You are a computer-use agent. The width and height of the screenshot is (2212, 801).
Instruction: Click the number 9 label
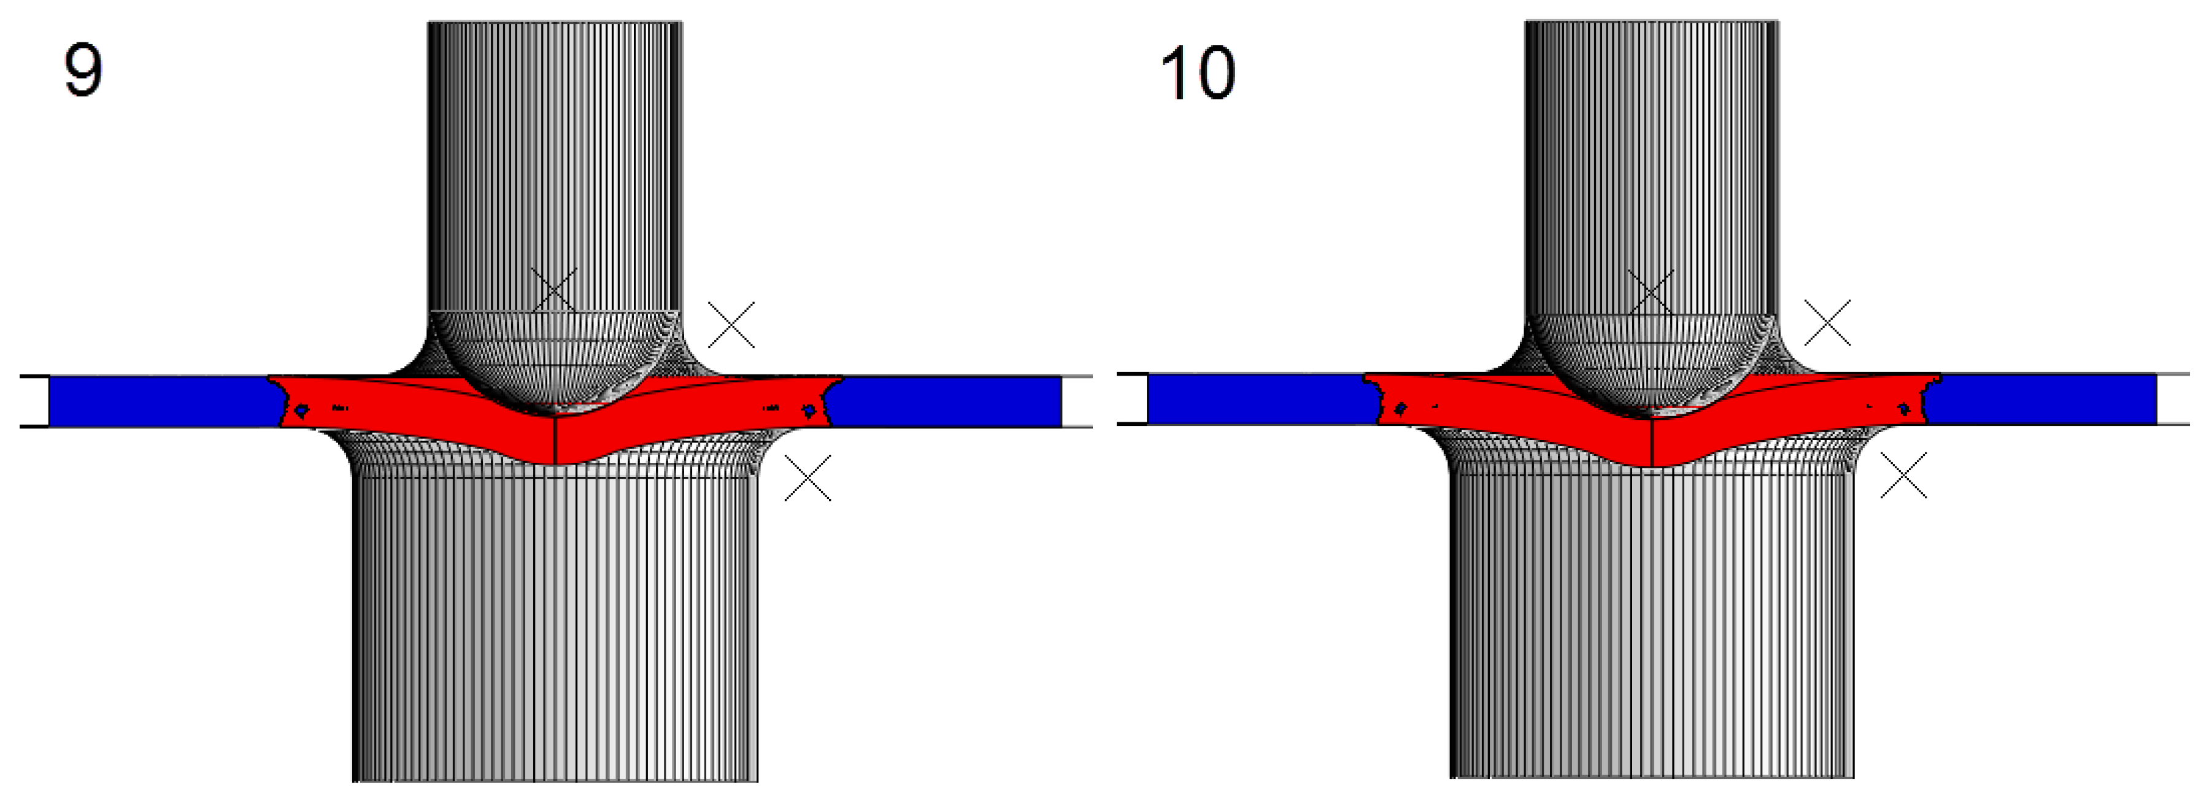(83, 71)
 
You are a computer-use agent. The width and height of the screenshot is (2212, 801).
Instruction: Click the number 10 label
(1197, 73)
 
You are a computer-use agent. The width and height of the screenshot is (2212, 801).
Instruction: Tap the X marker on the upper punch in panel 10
(1651, 292)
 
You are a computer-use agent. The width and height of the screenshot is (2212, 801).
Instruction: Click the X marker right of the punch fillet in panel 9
(731, 325)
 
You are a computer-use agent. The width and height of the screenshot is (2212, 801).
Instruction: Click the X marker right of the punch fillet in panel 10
(1827, 323)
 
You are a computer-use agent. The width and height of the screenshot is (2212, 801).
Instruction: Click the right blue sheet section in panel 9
(944, 401)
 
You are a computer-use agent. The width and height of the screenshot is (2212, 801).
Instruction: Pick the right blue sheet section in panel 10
(2044, 399)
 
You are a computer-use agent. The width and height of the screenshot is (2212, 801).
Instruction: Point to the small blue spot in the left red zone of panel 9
(301, 411)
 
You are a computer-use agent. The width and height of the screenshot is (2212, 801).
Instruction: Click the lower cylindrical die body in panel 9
(555, 627)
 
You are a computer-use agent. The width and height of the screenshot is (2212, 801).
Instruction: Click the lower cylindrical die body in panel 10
(1651, 627)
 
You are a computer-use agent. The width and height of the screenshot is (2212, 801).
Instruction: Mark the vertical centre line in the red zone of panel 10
(1652, 442)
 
